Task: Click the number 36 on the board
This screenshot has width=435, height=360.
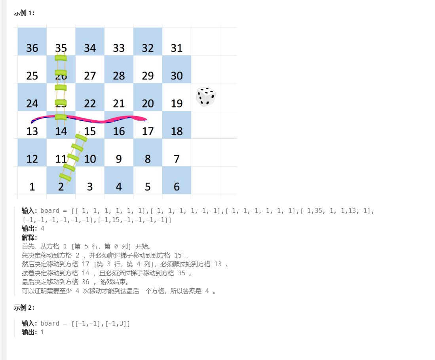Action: [x=32, y=48]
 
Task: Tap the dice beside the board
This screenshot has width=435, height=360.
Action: [x=206, y=97]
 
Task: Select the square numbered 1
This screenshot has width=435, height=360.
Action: [x=32, y=187]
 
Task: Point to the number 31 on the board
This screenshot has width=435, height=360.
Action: [x=177, y=48]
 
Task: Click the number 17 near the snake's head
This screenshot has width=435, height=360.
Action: [x=148, y=131]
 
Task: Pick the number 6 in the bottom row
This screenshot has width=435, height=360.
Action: [x=177, y=187]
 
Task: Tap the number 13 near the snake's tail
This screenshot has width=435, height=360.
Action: [x=32, y=131]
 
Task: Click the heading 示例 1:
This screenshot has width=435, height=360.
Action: [x=24, y=13]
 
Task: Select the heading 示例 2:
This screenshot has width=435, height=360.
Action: [x=24, y=308]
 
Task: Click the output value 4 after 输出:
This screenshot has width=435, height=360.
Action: [x=42, y=229]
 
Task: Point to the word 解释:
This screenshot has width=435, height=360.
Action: [x=29, y=237]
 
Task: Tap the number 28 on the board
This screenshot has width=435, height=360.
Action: [x=119, y=76]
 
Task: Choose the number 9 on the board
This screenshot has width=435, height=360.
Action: [x=119, y=159]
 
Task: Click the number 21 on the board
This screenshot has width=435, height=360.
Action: [x=119, y=104]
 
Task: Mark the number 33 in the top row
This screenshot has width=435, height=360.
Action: [x=119, y=48]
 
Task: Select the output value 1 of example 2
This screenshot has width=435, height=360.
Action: [x=42, y=332]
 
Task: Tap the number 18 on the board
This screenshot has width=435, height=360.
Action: [x=177, y=131]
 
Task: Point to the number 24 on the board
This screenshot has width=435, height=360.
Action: [x=32, y=104]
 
